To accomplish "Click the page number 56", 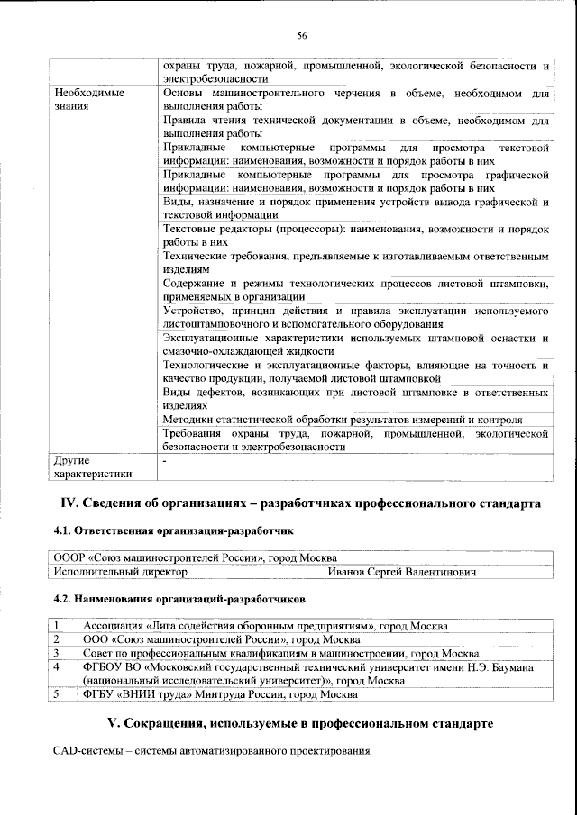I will click(x=301, y=35).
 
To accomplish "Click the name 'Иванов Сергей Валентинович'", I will click(x=401, y=571).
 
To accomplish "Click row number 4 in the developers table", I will click(x=56, y=667).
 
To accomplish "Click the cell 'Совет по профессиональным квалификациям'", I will click(x=279, y=653).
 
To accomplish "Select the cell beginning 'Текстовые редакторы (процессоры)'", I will click(x=355, y=236).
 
